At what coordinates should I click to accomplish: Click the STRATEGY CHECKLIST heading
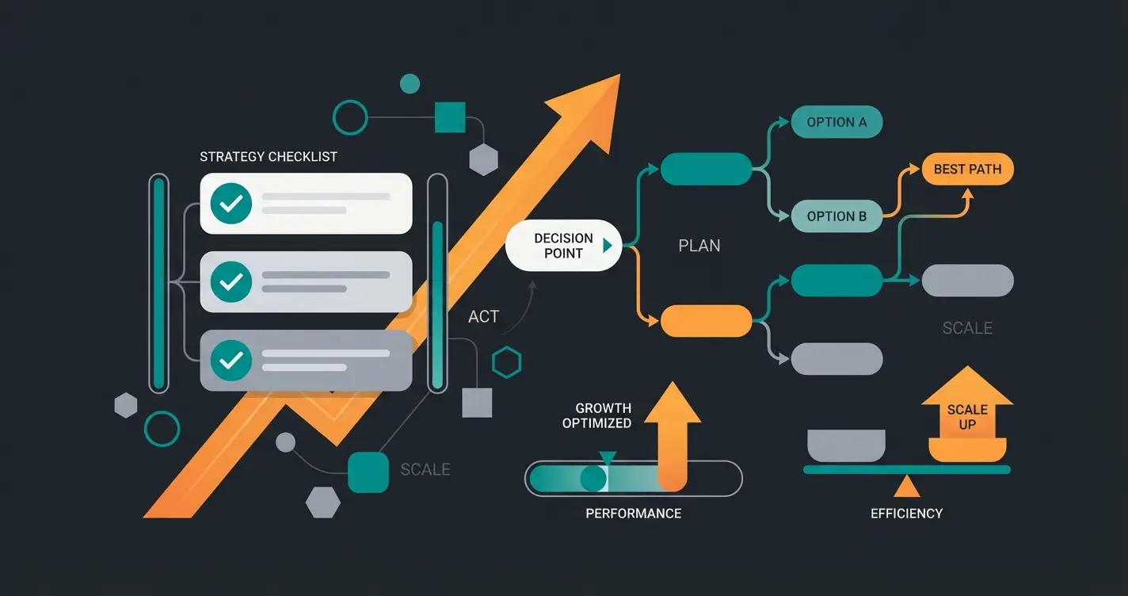coord(268,157)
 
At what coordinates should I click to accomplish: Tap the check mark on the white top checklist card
coord(231,204)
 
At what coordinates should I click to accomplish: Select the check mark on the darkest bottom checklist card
coord(231,361)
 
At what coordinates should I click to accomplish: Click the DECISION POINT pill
coord(563,246)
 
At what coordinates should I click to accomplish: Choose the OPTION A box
coord(836,122)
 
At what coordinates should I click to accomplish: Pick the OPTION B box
coord(836,216)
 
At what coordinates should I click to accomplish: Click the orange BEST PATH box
coord(967,169)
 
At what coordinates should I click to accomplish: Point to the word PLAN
coord(699,246)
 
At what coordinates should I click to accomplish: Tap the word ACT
coord(483,317)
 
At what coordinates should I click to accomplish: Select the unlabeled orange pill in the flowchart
coord(706,321)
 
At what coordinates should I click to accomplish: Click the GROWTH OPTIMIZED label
coord(596,416)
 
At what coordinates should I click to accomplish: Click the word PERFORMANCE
coord(633,514)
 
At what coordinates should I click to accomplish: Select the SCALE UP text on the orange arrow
coord(967,417)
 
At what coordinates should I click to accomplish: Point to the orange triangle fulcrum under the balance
coord(906,485)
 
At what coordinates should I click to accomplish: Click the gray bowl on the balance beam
coord(846,445)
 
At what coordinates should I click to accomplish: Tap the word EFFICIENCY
coord(906,514)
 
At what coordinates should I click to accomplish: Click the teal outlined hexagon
coord(506,363)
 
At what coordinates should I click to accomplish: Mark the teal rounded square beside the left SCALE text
coord(368,472)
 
